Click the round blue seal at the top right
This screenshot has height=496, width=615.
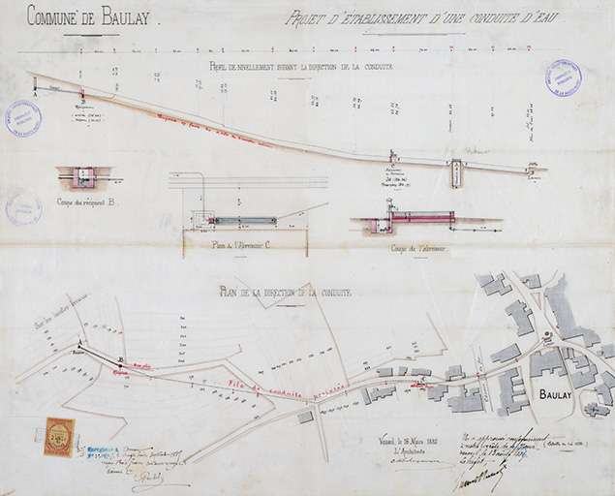pos(564,78)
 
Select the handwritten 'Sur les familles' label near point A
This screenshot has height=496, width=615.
pos(60,316)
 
